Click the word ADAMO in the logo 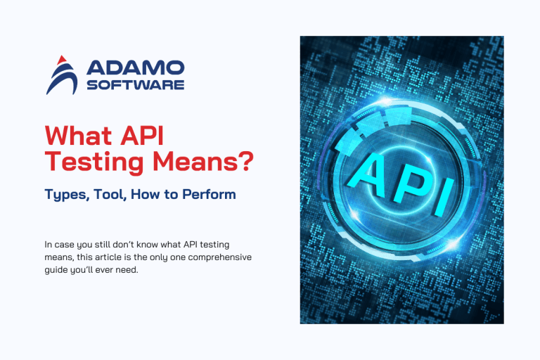tap(134, 68)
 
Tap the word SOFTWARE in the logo tap(134, 84)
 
